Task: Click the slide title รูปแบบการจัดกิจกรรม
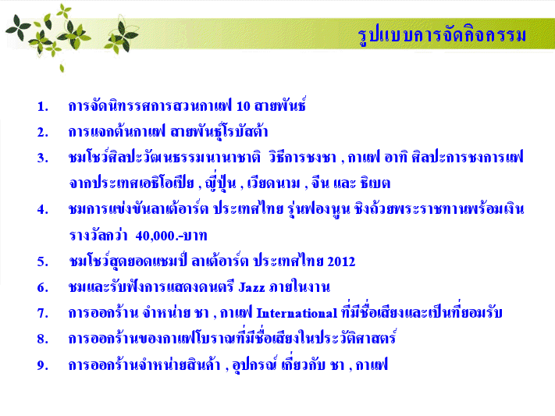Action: (x=442, y=35)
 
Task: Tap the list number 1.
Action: (x=42, y=107)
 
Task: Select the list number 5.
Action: (x=42, y=261)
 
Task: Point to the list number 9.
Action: (x=42, y=365)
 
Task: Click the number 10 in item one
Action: (x=244, y=106)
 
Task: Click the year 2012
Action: (x=341, y=261)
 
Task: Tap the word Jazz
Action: (x=251, y=287)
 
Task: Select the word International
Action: (x=297, y=313)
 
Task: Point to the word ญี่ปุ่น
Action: (x=220, y=183)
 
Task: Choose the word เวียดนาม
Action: (x=273, y=183)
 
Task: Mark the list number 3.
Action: (x=42, y=158)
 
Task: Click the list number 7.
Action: (x=42, y=313)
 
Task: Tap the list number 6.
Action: (x=42, y=287)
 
